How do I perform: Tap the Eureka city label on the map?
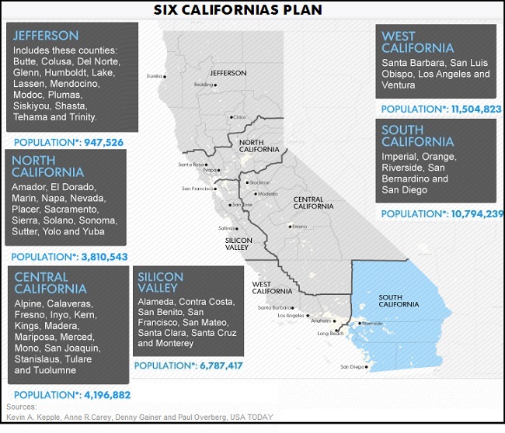click(x=156, y=76)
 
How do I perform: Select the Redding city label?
click(x=204, y=85)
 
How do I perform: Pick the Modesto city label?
click(x=267, y=193)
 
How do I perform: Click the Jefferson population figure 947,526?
click(x=97, y=143)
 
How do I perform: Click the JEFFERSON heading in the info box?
click(x=46, y=36)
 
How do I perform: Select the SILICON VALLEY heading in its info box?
click(x=161, y=282)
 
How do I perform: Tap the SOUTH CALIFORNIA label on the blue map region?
click(x=399, y=300)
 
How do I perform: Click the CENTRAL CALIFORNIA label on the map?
click(x=313, y=203)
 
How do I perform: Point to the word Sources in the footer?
click(x=21, y=407)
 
